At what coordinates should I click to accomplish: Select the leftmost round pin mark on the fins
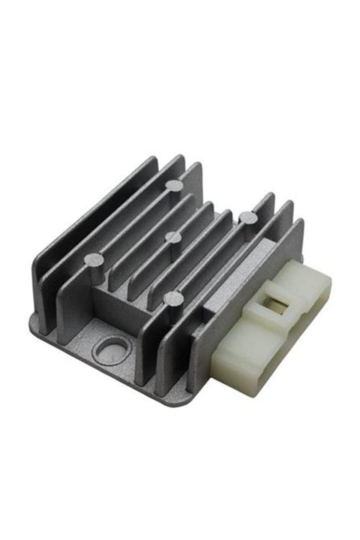[x=95, y=260]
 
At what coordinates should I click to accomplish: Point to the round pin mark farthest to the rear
[x=174, y=184]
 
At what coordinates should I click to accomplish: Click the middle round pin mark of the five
[x=173, y=238]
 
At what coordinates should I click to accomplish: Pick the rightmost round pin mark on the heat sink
[x=248, y=217]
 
